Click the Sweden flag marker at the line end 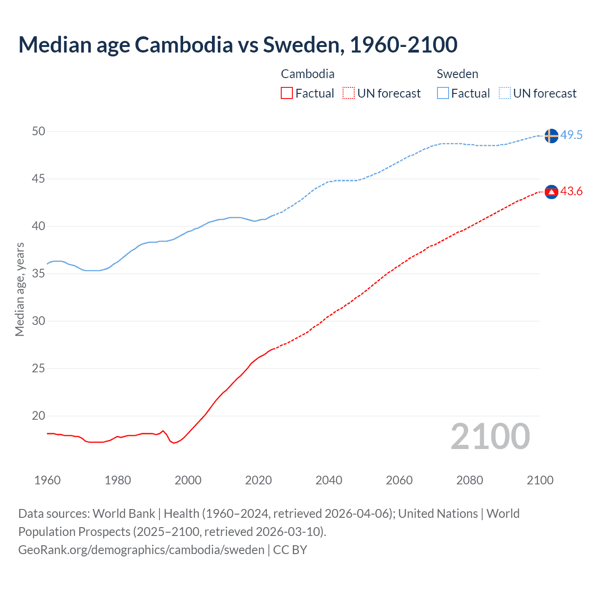551,136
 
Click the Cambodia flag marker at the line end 551,192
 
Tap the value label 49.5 571,135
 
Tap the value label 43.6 571,192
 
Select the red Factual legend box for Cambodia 287,93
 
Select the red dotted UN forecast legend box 349,93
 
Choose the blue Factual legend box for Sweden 443,93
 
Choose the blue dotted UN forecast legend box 504,93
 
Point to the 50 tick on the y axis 39,132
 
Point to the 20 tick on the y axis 39,416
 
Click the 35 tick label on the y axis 39,274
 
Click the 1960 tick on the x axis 47,480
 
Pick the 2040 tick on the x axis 329,480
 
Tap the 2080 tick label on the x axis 469,480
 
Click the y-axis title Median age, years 20,289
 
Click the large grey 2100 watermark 490,436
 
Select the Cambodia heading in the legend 308,74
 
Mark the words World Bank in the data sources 124,514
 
